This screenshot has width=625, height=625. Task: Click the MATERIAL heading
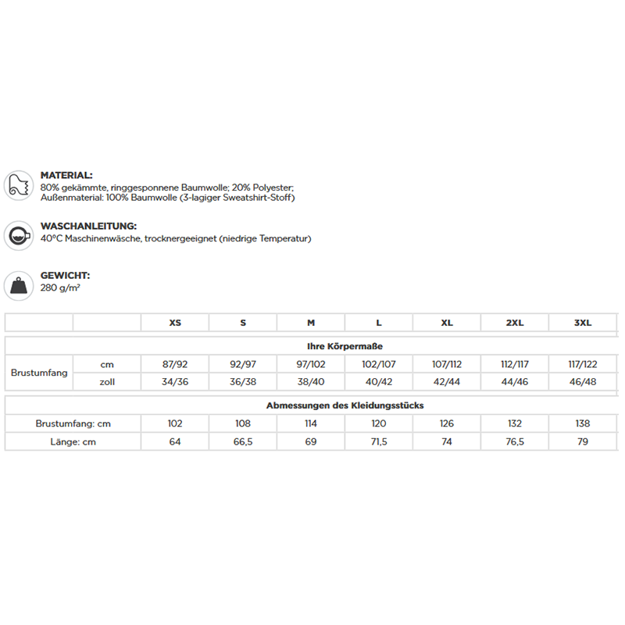tap(66, 176)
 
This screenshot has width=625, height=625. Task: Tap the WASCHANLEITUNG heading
tap(88, 227)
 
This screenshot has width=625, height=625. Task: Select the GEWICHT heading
tap(65, 276)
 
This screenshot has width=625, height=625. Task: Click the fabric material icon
tap(18, 186)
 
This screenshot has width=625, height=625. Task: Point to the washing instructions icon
tap(18, 235)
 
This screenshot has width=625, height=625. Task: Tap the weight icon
tap(18, 285)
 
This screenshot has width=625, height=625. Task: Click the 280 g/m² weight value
tap(60, 287)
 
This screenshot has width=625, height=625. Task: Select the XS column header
tap(175, 323)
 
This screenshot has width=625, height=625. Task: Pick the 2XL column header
tap(514, 323)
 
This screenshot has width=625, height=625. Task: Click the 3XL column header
tap(582, 323)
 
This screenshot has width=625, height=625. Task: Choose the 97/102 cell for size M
tap(311, 363)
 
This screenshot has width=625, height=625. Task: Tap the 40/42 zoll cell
tap(379, 381)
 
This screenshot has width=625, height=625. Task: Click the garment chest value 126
tap(447, 423)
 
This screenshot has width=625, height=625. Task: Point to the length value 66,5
tap(243, 442)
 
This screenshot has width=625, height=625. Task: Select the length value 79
tap(582, 442)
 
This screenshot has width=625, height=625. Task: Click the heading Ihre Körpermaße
tap(345, 345)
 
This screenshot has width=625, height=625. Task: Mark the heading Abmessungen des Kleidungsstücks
tap(345, 405)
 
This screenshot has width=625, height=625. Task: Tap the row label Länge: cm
tap(73, 442)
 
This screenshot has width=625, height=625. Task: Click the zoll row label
tap(107, 381)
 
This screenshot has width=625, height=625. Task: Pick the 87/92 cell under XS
tap(175, 363)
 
